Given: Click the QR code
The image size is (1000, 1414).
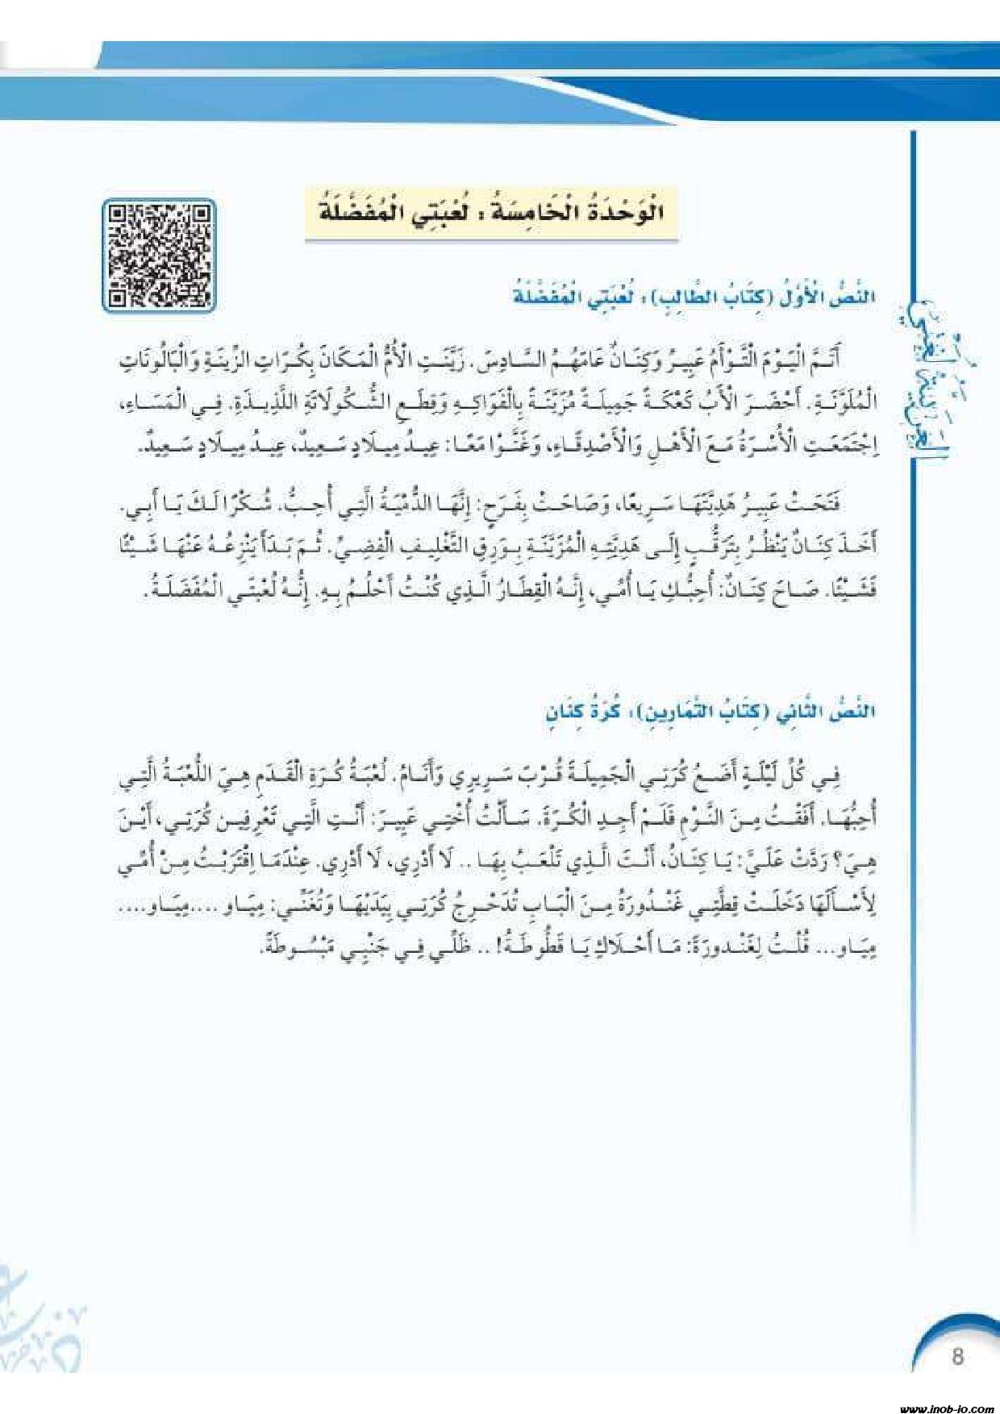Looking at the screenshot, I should (159, 255).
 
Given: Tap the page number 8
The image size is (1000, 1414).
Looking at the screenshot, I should (957, 1357).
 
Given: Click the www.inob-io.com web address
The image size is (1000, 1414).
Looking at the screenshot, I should (944, 1404).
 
